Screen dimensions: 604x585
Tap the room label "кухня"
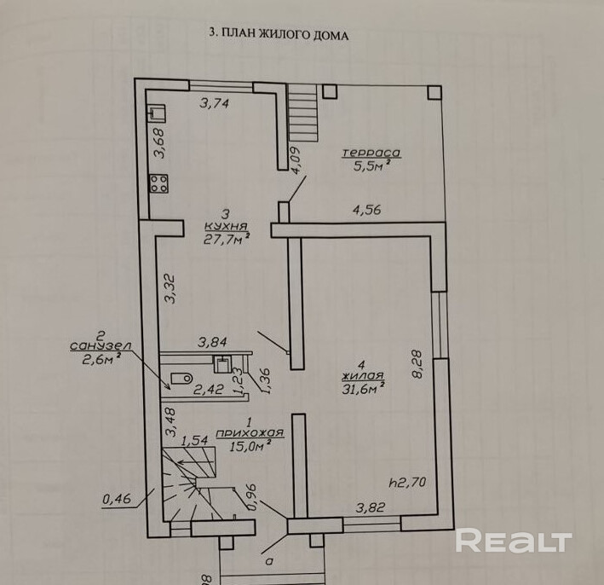pyautogui.click(x=226, y=226)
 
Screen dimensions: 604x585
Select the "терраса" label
pyautogui.click(x=371, y=153)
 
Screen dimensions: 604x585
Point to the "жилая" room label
pyautogui.click(x=362, y=375)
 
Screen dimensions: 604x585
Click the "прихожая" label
pyautogui.click(x=250, y=433)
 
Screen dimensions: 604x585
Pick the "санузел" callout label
pyautogui.click(x=101, y=346)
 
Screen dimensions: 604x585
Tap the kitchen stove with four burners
pyautogui.click(x=158, y=183)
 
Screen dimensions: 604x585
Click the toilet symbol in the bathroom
pyautogui.click(x=181, y=379)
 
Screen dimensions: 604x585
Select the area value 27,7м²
pyautogui.click(x=226, y=239)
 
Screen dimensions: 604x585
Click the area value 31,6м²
pyautogui.click(x=362, y=389)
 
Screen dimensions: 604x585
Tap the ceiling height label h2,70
pyautogui.click(x=407, y=482)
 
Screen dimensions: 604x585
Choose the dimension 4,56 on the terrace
pyautogui.click(x=366, y=210)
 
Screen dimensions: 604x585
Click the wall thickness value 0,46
pyautogui.click(x=117, y=499)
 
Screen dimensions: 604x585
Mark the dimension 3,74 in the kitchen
pyautogui.click(x=214, y=103)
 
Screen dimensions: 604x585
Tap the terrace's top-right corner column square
pyautogui.click(x=434, y=93)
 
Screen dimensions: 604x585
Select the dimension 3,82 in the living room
pyautogui.click(x=371, y=507)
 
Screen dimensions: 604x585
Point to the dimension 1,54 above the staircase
pyautogui.click(x=194, y=440)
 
